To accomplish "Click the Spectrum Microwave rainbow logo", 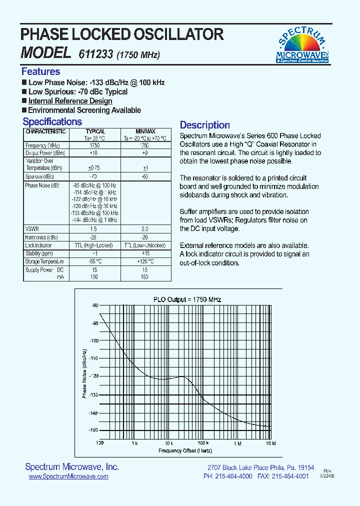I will click(x=302, y=45).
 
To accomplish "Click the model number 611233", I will click(x=95, y=53).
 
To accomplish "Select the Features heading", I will click(x=40, y=71).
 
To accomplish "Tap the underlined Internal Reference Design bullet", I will click(x=70, y=101).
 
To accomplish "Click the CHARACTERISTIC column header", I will click(x=45, y=131).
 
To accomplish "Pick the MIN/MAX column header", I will click(x=145, y=131).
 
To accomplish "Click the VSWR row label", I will click(x=31, y=228).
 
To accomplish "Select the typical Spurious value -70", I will click(x=93, y=177).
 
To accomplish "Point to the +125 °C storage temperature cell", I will click(x=144, y=261).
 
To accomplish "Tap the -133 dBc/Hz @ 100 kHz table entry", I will click(x=94, y=213).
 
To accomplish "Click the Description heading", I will click(x=204, y=125).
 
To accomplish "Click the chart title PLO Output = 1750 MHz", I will click(x=187, y=299).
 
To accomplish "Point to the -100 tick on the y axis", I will click(x=94, y=340).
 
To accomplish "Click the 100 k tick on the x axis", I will click(x=203, y=443).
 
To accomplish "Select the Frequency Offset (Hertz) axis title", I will click(x=185, y=451).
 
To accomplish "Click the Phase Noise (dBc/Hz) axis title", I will click(x=85, y=373).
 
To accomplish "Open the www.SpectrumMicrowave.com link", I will click(x=68, y=477).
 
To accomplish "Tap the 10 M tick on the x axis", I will click(x=270, y=443).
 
